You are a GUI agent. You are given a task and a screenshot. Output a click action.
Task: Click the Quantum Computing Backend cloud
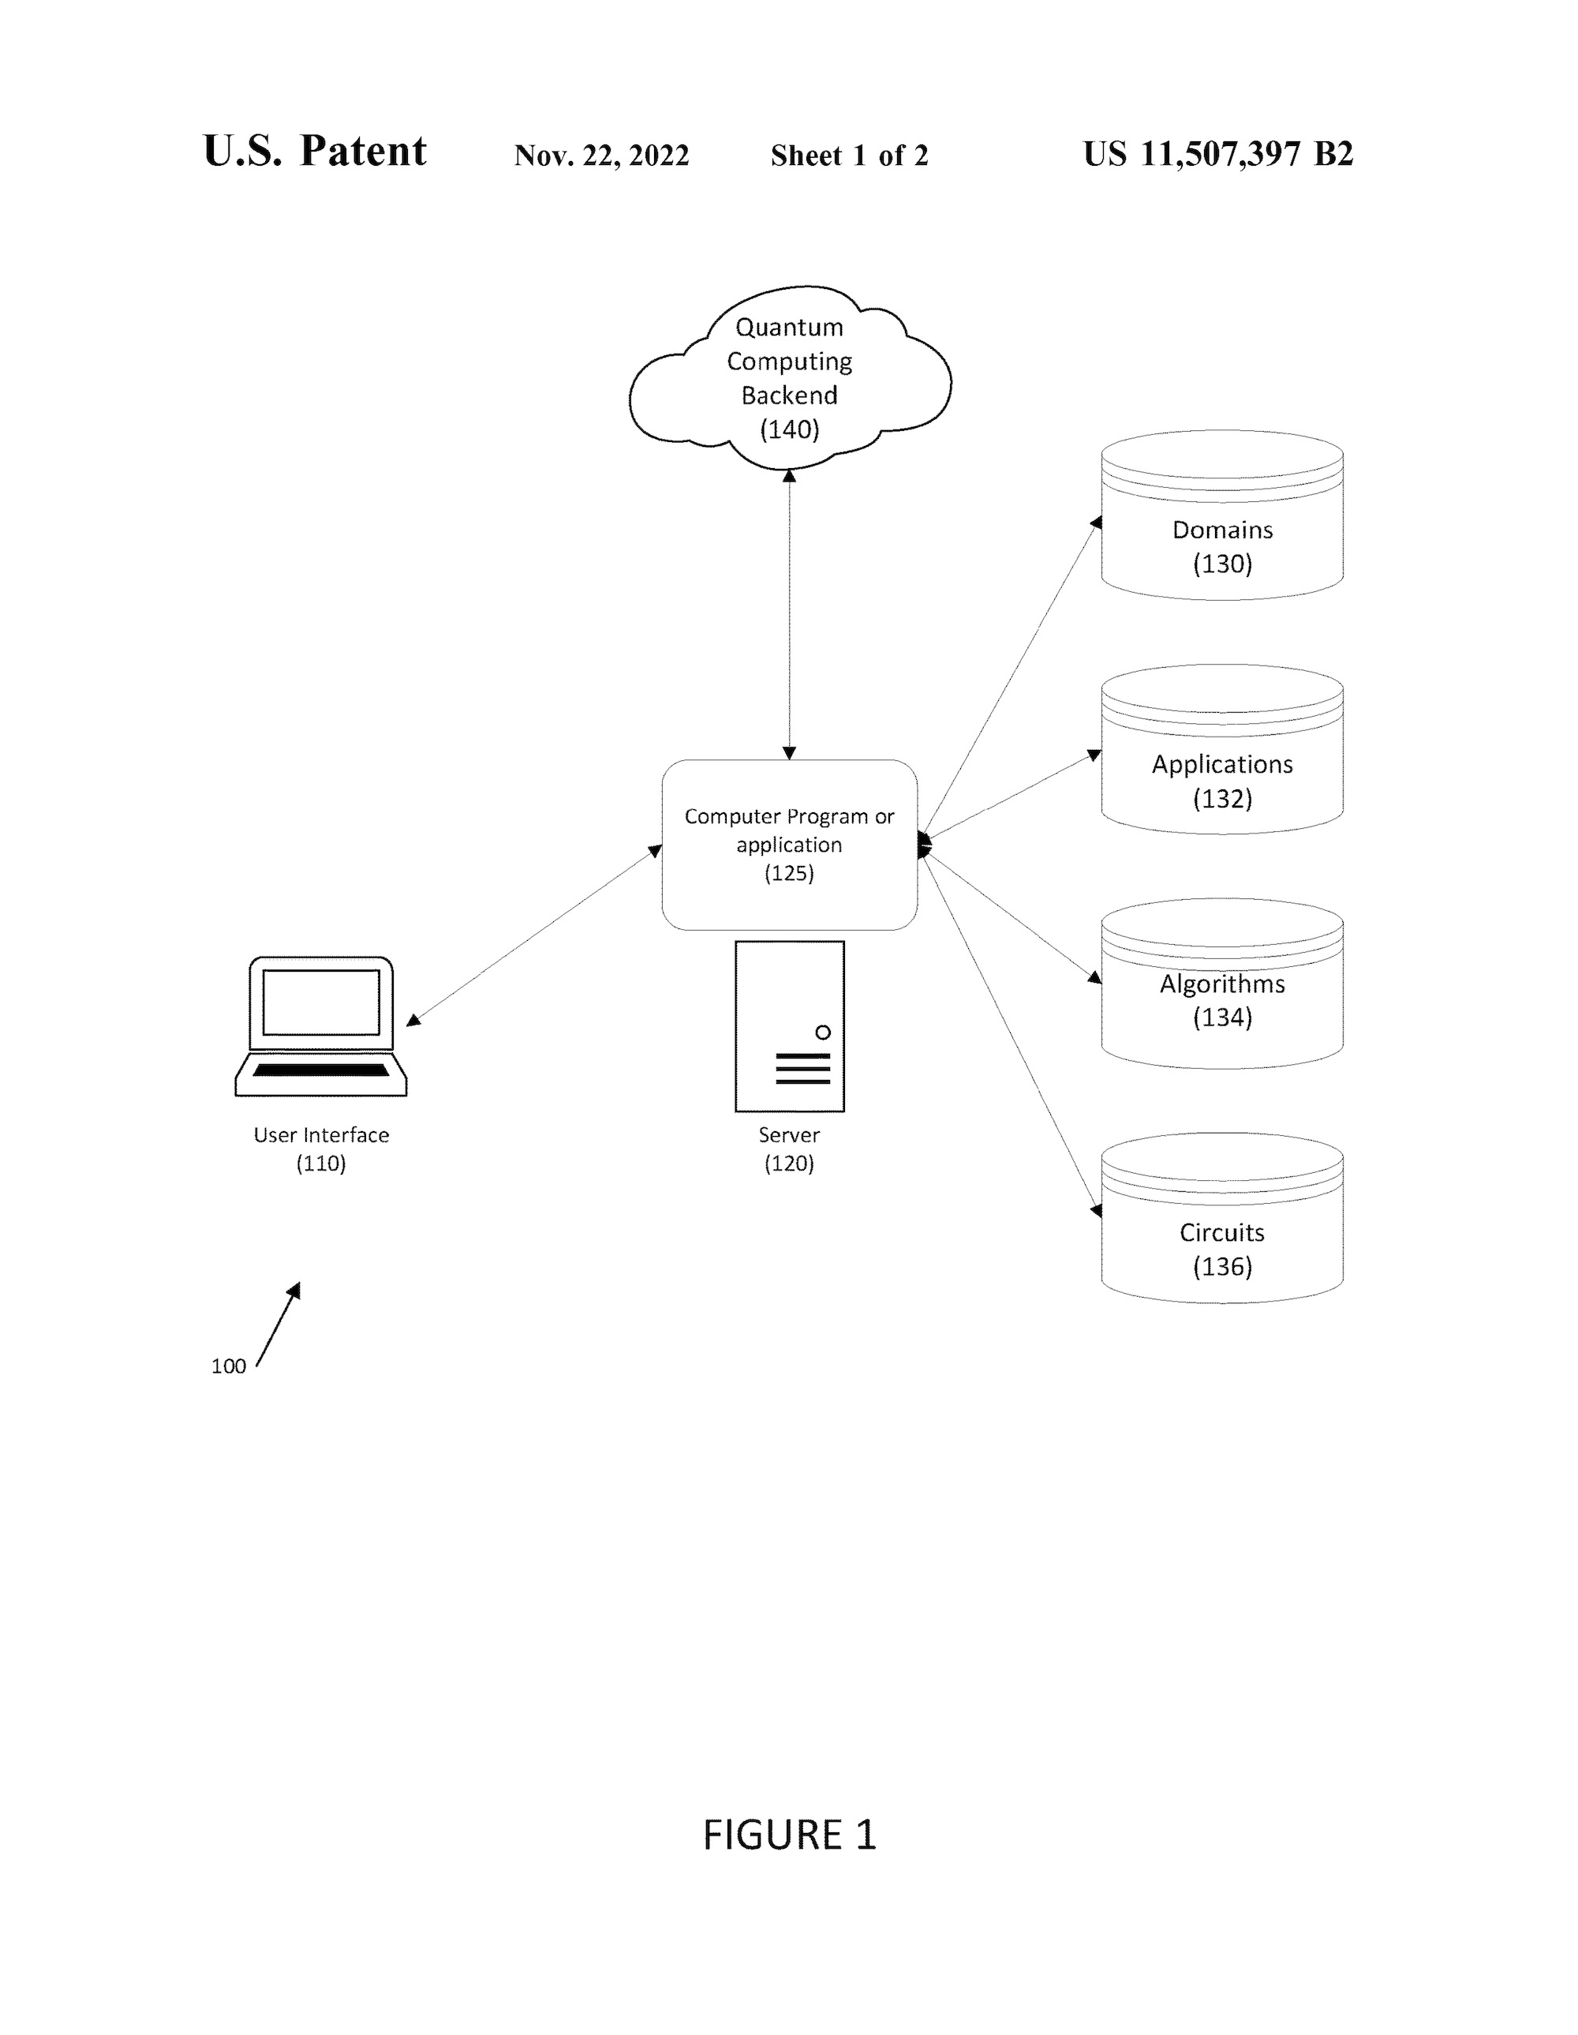pyautogui.click(x=789, y=377)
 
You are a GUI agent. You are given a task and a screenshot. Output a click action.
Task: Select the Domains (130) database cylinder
pyautogui.click(x=1222, y=515)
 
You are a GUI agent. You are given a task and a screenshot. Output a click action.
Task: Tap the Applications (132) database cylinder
pyautogui.click(x=1222, y=749)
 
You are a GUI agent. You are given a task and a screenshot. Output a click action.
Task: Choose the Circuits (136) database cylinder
pyautogui.click(x=1222, y=1218)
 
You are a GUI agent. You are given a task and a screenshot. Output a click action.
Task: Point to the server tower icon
pyautogui.click(x=789, y=1026)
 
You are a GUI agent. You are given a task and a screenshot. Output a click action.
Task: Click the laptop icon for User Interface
pyautogui.click(x=320, y=1026)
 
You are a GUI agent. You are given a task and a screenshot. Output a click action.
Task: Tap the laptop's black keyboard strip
pyautogui.click(x=320, y=1070)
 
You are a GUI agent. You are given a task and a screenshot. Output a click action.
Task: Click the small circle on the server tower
pyautogui.click(x=823, y=1032)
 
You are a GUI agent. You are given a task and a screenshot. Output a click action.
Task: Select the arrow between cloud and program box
pyautogui.click(x=789, y=614)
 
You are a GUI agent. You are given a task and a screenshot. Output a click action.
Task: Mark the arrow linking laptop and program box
pyautogui.click(x=534, y=935)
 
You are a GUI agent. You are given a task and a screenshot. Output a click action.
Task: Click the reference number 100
pyautogui.click(x=228, y=1366)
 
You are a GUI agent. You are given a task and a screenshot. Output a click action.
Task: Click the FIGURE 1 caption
pyautogui.click(x=789, y=1834)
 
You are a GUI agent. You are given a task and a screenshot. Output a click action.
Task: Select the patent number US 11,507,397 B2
pyautogui.click(x=1217, y=154)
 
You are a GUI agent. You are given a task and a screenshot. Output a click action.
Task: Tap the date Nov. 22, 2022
pyautogui.click(x=602, y=155)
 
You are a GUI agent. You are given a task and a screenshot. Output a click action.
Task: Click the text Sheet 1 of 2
pyautogui.click(x=850, y=155)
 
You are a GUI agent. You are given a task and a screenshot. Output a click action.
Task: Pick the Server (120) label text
pyautogui.click(x=789, y=1149)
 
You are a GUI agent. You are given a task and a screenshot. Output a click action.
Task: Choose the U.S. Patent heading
pyautogui.click(x=315, y=151)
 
